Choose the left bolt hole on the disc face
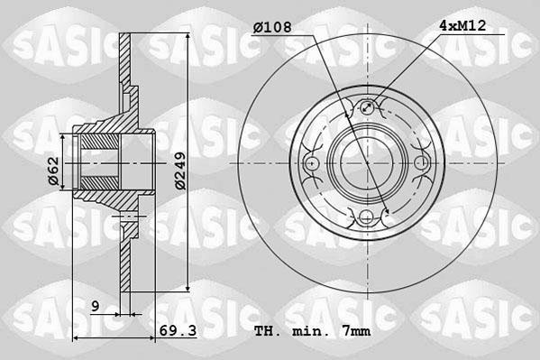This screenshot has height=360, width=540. (312, 163)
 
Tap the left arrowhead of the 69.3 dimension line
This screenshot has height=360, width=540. (76, 338)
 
